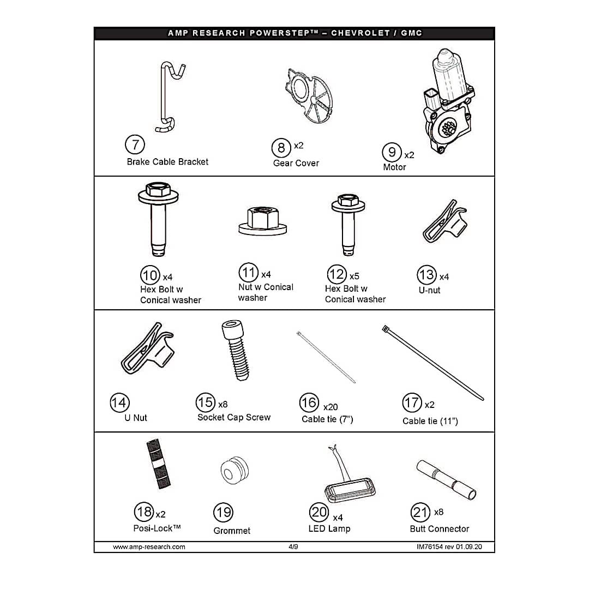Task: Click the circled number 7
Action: click(x=135, y=145)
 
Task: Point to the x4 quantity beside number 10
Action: click(x=167, y=277)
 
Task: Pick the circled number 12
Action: click(x=336, y=274)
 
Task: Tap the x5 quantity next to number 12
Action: click(x=354, y=277)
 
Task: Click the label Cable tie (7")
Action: click(x=327, y=419)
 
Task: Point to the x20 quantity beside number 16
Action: click(x=330, y=407)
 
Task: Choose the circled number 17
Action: click(x=412, y=403)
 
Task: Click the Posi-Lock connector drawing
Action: click(x=159, y=464)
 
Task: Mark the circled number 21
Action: click(x=420, y=512)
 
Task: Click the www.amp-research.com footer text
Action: click(x=149, y=546)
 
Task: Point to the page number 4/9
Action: click(x=293, y=546)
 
